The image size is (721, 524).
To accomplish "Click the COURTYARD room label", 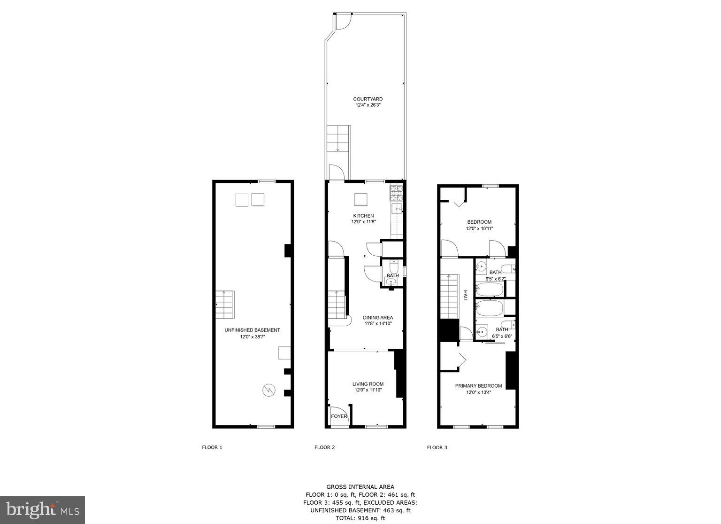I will click(368, 99).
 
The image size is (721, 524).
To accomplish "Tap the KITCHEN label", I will click(363, 216).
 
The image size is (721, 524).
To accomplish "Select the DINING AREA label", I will click(378, 318).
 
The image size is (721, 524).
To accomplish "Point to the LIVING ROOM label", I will click(368, 384).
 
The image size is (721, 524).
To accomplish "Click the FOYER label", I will click(339, 416).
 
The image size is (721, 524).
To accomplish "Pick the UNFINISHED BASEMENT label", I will click(252, 330).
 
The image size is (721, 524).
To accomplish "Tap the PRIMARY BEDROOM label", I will click(478, 386).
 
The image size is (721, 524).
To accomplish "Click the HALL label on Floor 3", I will click(466, 296).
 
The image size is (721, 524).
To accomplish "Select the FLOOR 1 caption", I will click(212, 447).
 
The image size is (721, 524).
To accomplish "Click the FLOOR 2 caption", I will click(324, 447).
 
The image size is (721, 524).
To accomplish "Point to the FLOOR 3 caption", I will click(437, 447).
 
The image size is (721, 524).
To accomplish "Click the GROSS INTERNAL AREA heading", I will click(360, 487).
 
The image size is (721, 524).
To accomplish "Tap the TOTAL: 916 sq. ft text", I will click(360, 518).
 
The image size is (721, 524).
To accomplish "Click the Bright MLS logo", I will click(42, 510).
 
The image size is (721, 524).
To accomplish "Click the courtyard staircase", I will click(338, 139).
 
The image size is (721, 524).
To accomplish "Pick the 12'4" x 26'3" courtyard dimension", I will click(368, 106).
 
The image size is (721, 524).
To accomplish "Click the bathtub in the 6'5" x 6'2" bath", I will click(490, 289).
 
